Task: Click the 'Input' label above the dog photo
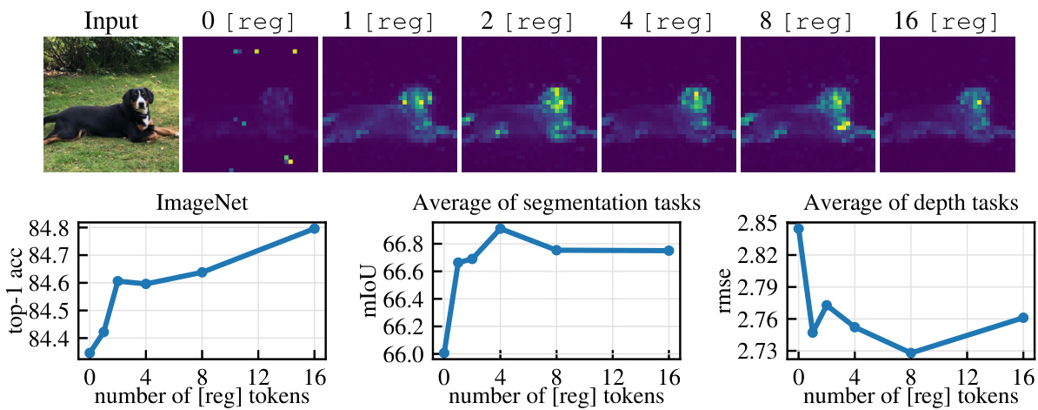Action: [x=111, y=19]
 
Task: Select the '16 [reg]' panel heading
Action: [x=947, y=19]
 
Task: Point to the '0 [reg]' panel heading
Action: [x=250, y=19]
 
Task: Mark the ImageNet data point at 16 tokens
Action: [x=314, y=229]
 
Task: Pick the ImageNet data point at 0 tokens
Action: [x=90, y=353]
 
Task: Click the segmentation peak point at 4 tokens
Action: [x=500, y=229]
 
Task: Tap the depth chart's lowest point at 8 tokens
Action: [x=911, y=353]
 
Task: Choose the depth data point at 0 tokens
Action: [x=798, y=229]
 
